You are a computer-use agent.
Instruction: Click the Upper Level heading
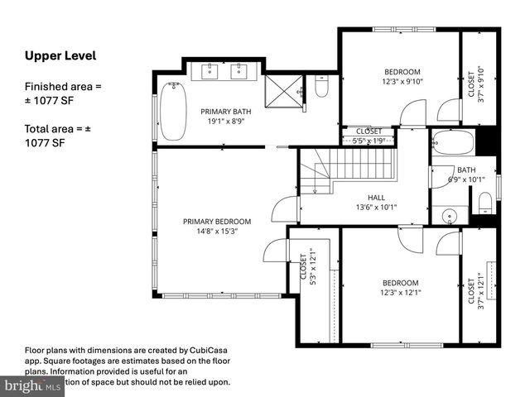tap(60, 56)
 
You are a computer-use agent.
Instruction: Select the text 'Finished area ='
tap(63, 87)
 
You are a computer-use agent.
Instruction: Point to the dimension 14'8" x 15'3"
tap(216, 232)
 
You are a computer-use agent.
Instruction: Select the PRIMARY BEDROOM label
tap(216, 221)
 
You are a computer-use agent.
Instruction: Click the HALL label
tap(376, 198)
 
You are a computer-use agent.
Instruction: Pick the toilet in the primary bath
tap(322, 86)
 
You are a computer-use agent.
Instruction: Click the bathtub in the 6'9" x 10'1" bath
tap(454, 143)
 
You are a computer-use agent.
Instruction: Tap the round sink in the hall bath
tap(450, 217)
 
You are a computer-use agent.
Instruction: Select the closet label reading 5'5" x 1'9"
tap(369, 141)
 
